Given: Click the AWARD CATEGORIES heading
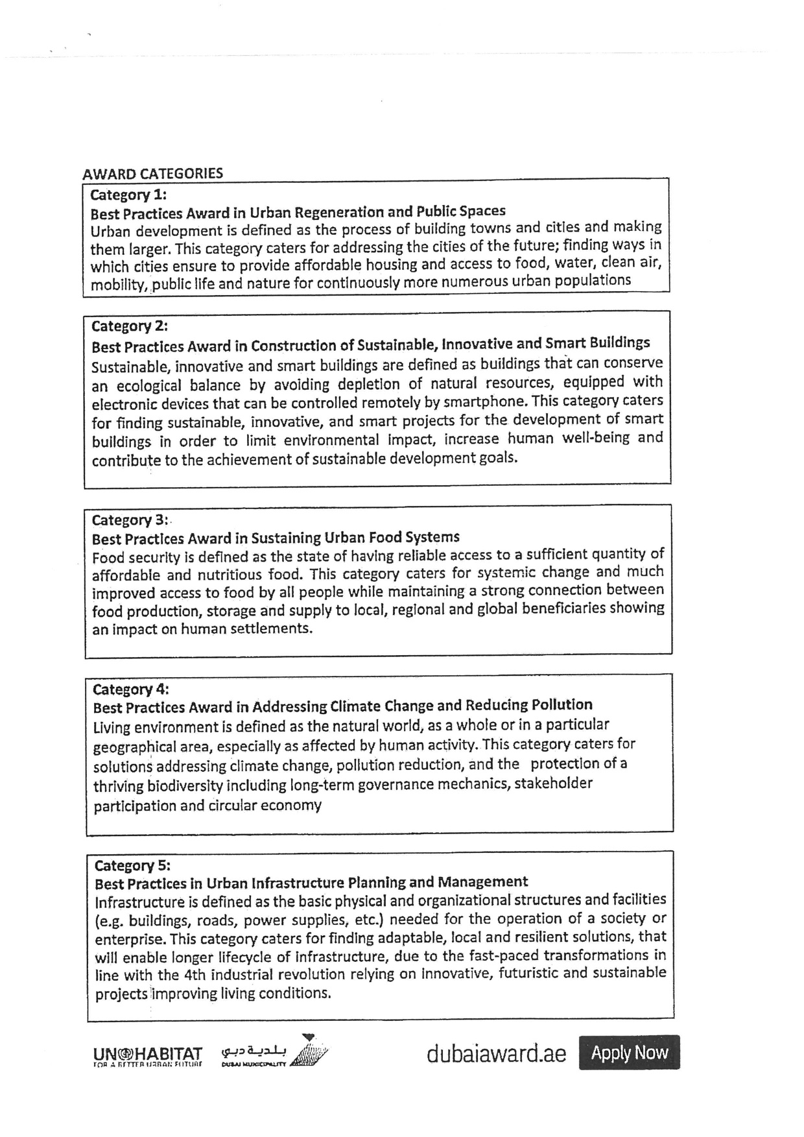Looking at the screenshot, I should pos(152,174).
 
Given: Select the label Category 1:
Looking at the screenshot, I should pos(128,195).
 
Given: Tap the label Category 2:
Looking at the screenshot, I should pos(130,326).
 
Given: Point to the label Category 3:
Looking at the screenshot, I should pos(130,520).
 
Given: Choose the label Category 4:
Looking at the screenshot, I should pos(131,689).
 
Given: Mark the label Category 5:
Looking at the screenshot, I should pos(132,866).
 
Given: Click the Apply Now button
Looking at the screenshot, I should pos(629,1052).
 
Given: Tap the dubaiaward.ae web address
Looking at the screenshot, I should pos(496,1054).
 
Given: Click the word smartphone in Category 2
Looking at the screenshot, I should pos(477,403).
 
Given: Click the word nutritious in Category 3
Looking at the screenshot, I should pos(231,575).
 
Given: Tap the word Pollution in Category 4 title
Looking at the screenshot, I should pos(562,705).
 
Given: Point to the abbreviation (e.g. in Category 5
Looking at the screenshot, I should pos(110,921).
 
